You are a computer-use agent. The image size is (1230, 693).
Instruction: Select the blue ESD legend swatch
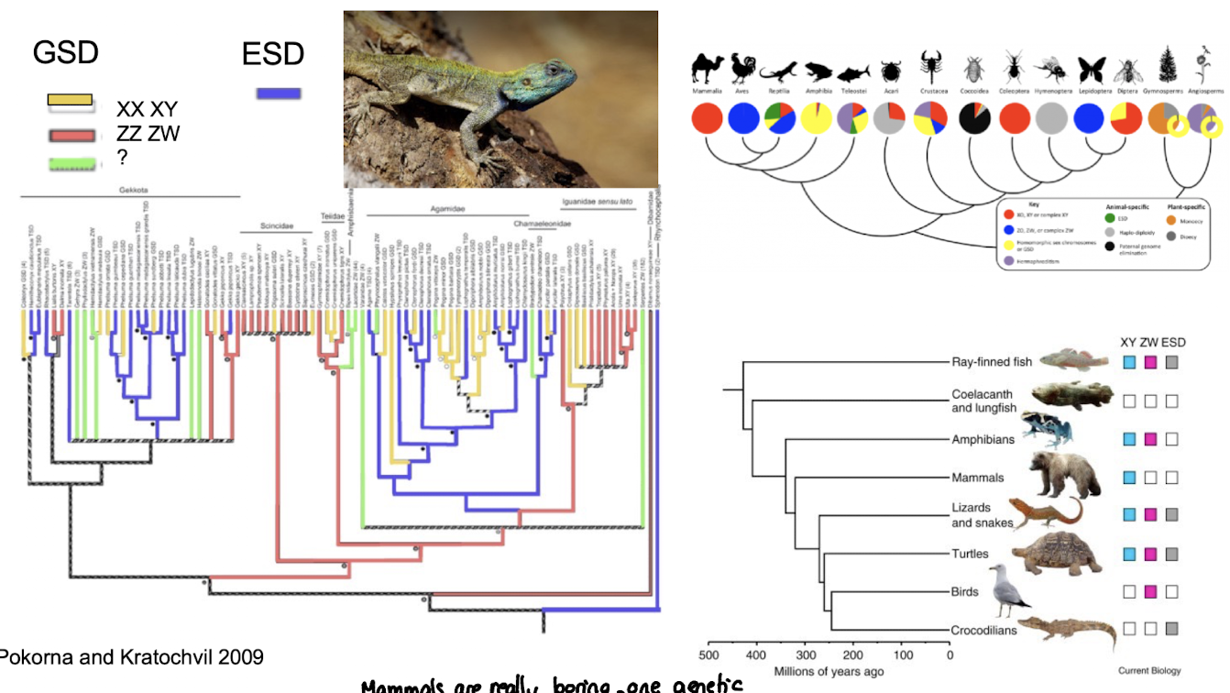point(277,93)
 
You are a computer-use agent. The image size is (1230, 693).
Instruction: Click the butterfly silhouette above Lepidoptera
point(1091,70)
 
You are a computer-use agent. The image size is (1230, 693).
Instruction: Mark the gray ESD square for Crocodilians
point(1171,630)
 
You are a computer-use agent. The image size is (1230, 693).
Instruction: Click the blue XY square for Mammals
point(1130,477)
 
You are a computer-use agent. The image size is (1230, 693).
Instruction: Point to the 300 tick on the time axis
point(805,655)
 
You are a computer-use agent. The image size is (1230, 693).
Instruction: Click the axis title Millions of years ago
point(829,672)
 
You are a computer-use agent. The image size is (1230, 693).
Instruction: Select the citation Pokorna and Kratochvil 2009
point(131,656)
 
